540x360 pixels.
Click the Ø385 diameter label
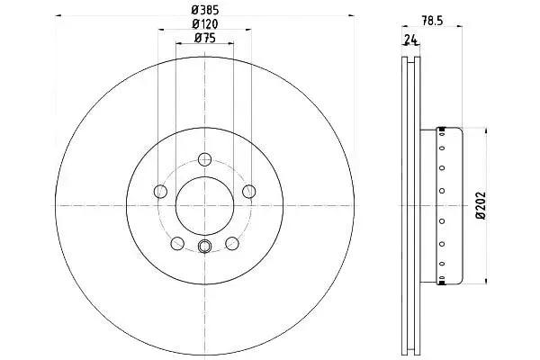[x=205, y=10]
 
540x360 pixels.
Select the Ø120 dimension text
[x=205, y=24]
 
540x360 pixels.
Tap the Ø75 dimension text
[x=205, y=38]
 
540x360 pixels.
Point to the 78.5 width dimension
[x=432, y=21]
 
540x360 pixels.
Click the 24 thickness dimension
[x=410, y=40]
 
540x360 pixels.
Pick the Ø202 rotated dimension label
[x=480, y=206]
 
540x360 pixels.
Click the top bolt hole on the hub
[x=205, y=159]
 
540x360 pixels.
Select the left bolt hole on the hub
[x=160, y=191]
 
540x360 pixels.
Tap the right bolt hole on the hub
[x=249, y=191]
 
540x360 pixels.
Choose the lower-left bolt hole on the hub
[x=177, y=243]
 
